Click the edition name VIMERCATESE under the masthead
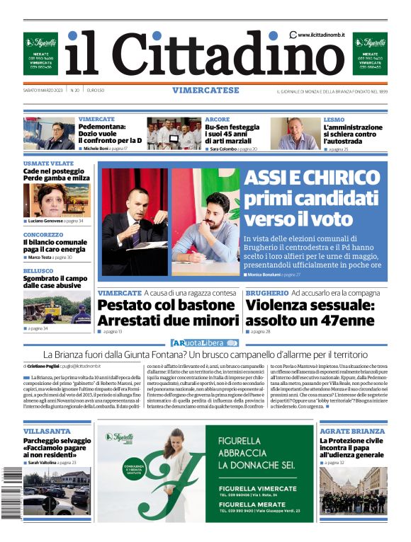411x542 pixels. [205, 91]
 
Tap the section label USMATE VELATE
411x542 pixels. [47, 163]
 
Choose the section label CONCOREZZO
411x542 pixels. [43, 234]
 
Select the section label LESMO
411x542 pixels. [334, 120]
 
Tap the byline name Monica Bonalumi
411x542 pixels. [264, 274]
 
